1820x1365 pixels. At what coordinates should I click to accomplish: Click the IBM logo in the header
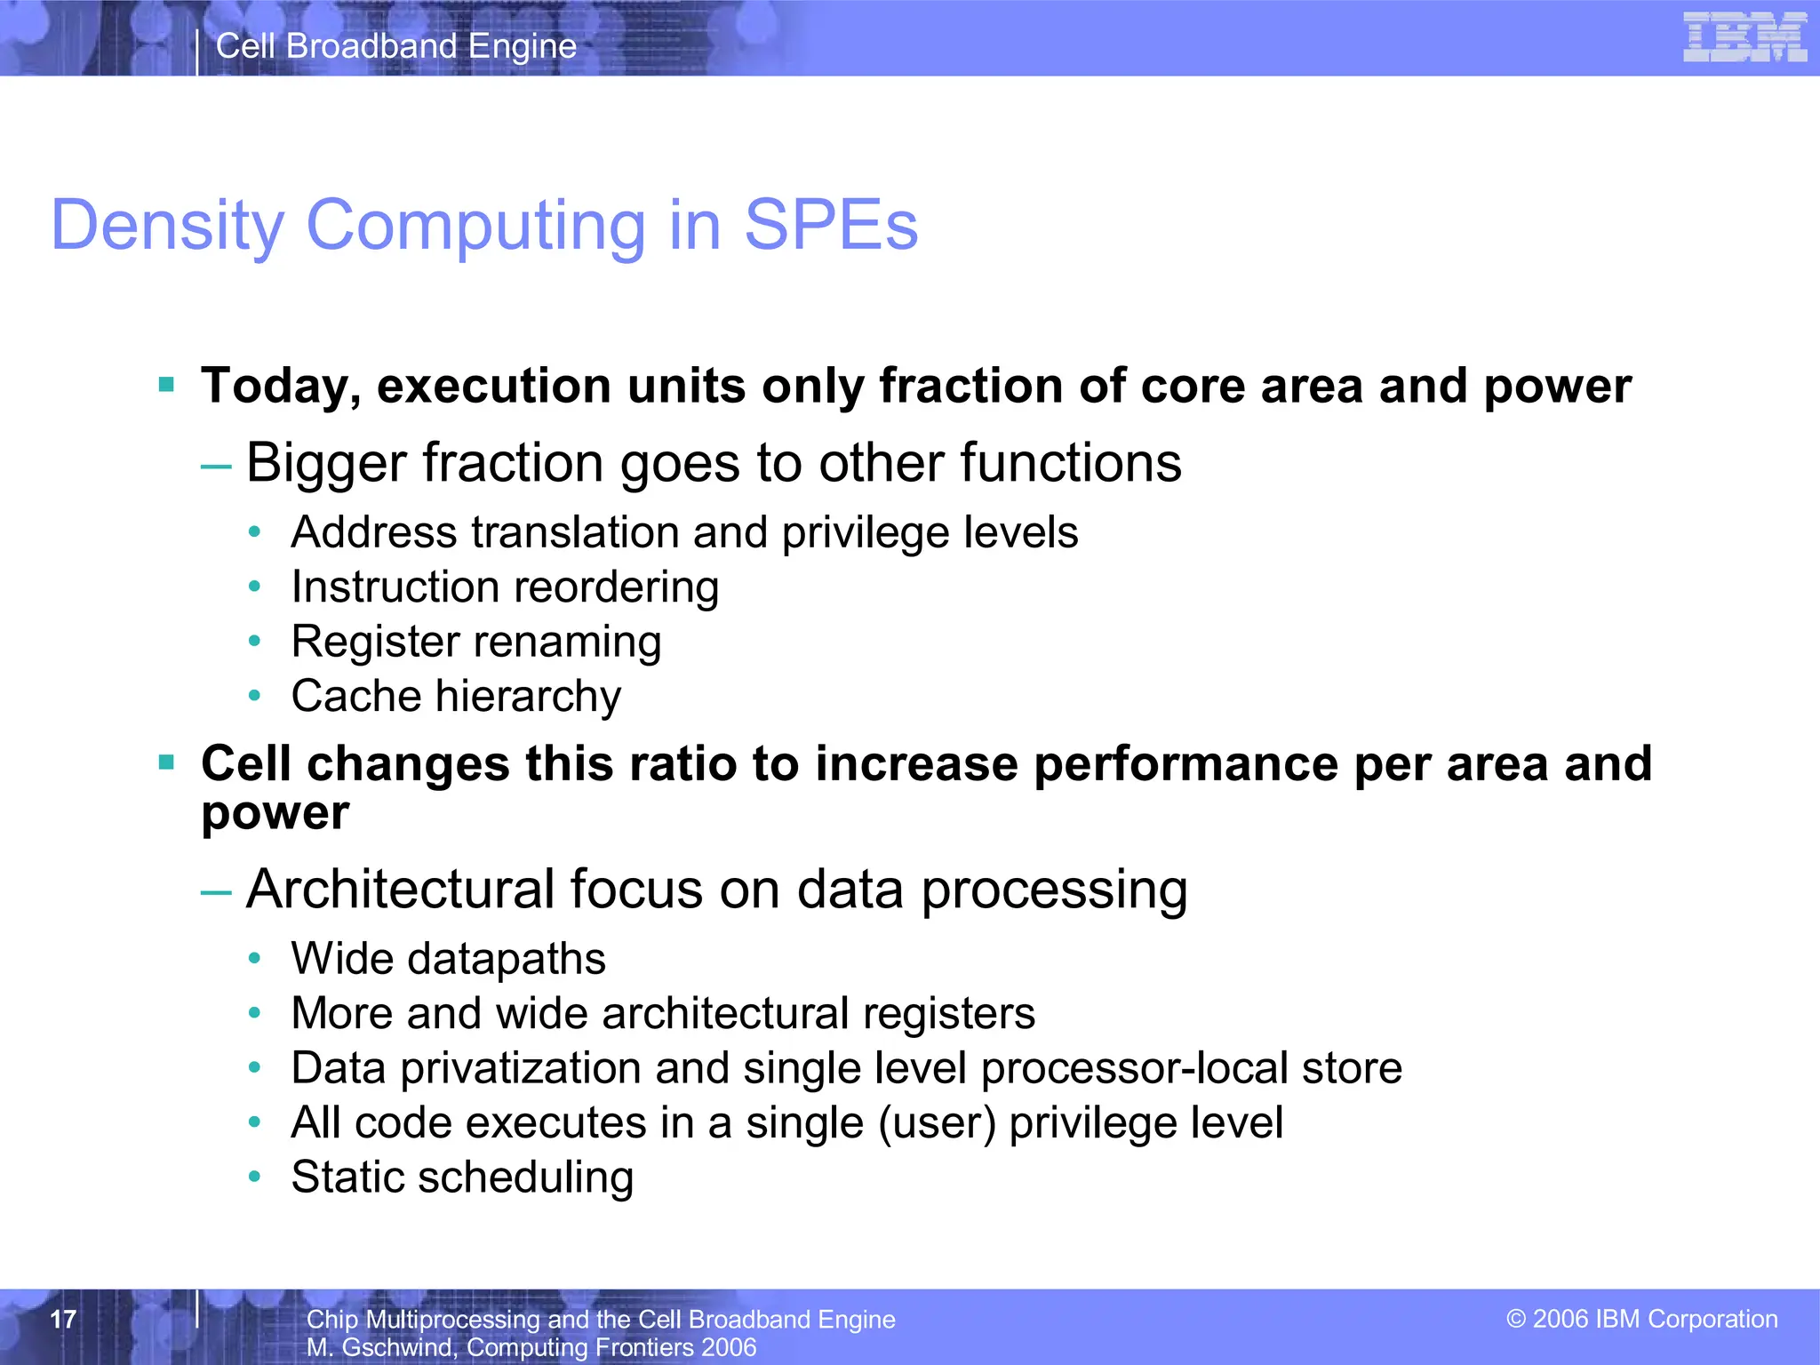click(1744, 37)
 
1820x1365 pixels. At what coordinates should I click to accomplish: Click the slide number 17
click(63, 1319)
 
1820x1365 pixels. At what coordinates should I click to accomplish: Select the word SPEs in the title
click(830, 226)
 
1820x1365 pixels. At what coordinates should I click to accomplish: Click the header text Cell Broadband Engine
click(396, 46)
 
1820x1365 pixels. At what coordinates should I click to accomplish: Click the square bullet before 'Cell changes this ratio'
click(166, 762)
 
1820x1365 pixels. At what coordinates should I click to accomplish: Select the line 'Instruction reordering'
click(505, 587)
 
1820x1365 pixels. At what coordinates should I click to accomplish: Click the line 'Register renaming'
click(476, 642)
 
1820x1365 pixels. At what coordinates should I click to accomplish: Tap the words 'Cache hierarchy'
click(456, 696)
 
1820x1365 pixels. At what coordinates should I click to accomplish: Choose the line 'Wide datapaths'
click(448, 959)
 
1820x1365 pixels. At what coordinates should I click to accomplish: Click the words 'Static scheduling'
click(462, 1177)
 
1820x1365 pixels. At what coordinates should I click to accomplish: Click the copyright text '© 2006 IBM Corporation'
click(1642, 1319)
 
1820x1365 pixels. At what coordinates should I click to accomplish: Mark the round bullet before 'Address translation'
click(255, 532)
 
